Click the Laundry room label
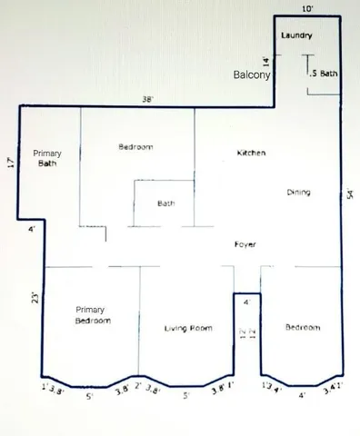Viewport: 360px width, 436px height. click(x=297, y=35)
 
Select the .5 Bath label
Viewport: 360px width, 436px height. click(x=324, y=74)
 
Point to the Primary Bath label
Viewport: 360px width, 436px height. click(x=46, y=159)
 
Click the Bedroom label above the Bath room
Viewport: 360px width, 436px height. click(x=135, y=147)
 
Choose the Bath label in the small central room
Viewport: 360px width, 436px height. click(x=165, y=203)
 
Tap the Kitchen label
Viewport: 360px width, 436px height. click(x=251, y=154)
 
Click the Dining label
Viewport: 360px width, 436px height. click(x=298, y=193)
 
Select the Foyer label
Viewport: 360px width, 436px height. click(x=245, y=245)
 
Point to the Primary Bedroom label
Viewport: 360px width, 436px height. click(x=93, y=314)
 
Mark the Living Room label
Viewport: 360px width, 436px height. click(x=188, y=328)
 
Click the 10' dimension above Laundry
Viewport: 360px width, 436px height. click(x=307, y=7)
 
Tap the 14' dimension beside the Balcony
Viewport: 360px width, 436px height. click(x=266, y=63)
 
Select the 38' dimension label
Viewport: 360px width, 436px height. click(x=146, y=98)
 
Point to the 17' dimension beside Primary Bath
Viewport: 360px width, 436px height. click(x=10, y=164)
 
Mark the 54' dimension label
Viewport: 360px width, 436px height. click(x=350, y=195)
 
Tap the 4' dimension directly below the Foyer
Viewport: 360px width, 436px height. click(x=245, y=302)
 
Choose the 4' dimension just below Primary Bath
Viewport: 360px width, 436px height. click(x=31, y=230)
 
